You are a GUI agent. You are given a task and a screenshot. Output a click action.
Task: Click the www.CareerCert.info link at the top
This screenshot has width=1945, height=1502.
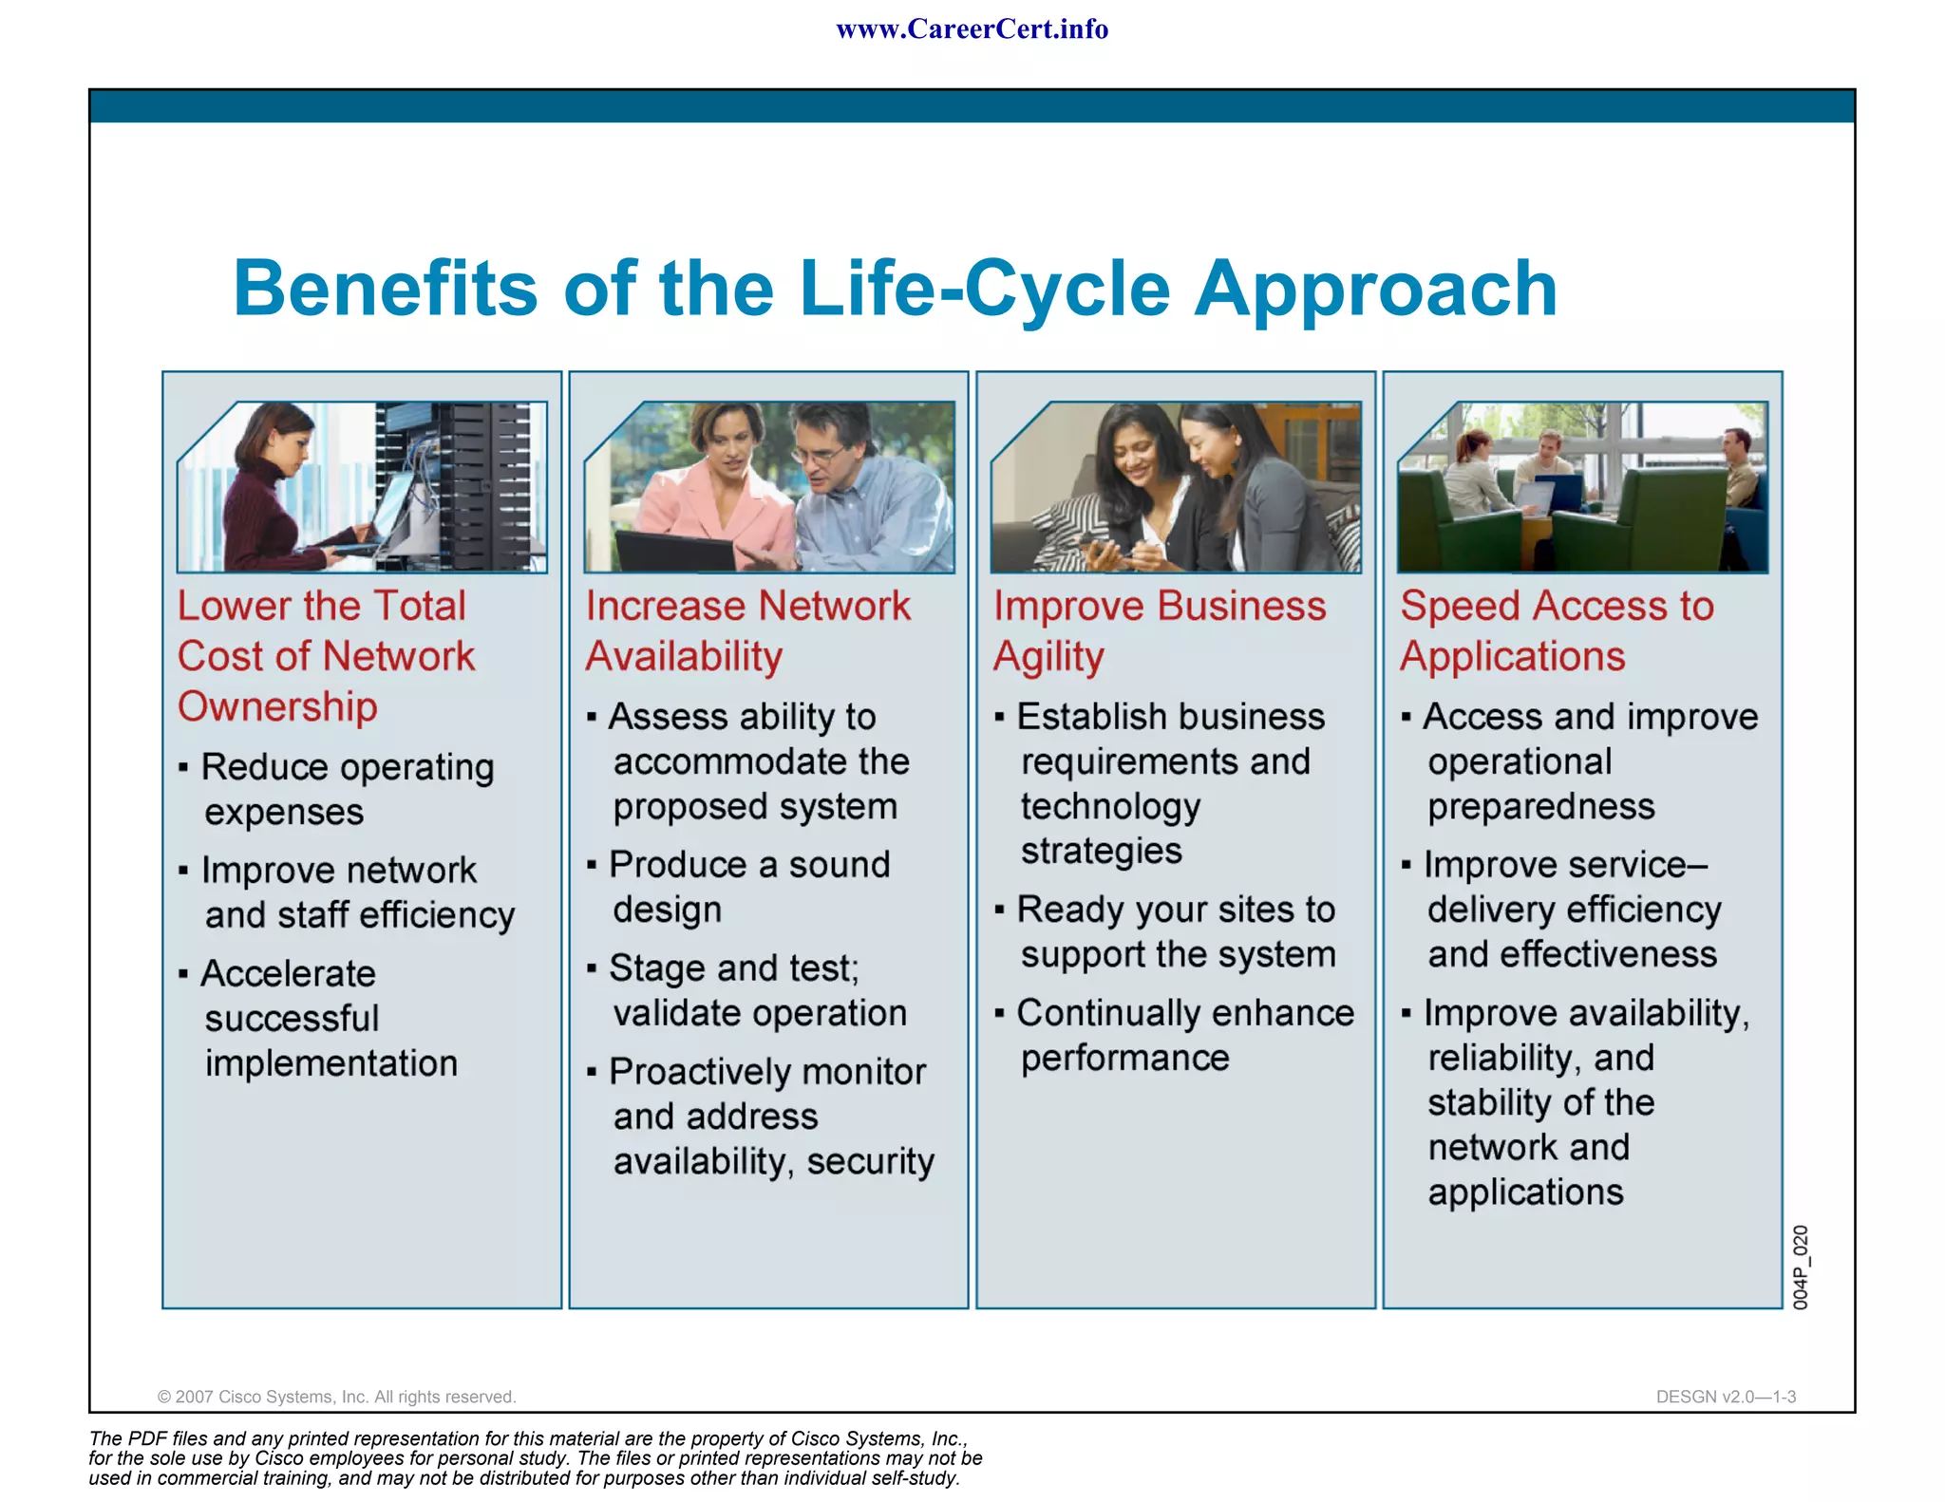(972, 29)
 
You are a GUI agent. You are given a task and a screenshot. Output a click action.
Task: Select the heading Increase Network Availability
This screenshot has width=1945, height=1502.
(747, 630)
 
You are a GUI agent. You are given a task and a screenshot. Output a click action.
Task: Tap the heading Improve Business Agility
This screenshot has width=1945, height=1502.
(1159, 630)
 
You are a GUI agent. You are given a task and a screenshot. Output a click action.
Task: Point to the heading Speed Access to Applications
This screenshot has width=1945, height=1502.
(1557, 630)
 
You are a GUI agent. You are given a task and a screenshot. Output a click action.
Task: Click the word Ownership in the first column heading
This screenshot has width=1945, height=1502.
(277, 707)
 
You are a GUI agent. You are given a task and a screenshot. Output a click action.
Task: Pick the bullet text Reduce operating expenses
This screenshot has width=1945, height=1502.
(347, 789)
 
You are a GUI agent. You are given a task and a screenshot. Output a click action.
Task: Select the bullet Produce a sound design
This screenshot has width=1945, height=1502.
(748, 886)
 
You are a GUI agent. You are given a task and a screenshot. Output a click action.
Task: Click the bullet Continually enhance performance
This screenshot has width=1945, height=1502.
(1183, 1035)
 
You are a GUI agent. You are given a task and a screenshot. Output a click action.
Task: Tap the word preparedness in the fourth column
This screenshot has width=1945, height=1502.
(1540, 807)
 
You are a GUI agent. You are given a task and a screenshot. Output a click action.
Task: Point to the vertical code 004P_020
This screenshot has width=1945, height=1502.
(1800, 1267)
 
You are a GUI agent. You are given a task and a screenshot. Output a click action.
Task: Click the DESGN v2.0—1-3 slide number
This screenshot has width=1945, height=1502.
(1725, 1397)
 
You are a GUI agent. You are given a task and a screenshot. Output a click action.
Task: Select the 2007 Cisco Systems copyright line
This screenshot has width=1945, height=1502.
(336, 1397)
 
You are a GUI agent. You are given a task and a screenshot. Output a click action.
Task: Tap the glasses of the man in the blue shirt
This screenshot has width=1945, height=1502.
(820, 454)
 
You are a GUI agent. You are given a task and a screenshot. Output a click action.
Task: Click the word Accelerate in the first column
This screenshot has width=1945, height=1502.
(289, 974)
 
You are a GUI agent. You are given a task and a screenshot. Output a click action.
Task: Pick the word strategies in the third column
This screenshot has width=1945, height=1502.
(1101, 852)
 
